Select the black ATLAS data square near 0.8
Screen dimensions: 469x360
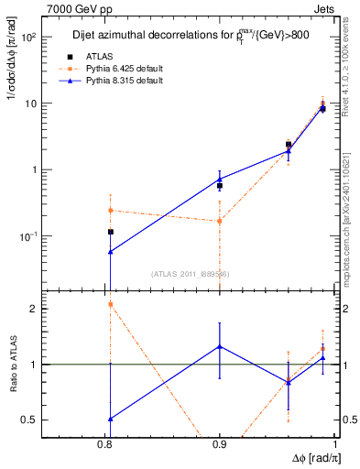point(110,233)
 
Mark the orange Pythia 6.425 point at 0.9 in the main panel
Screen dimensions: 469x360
point(220,221)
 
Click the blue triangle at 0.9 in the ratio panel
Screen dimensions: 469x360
point(220,346)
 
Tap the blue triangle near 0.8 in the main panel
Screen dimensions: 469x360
point(110,251)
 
